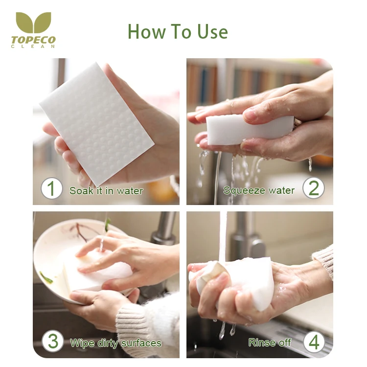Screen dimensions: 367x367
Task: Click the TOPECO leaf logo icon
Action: (x=33, y=22)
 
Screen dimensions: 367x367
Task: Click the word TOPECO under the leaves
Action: (x=33, y=40)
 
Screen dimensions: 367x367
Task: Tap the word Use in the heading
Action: (x=212, y=32)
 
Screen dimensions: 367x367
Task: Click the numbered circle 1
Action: (x=51, y=188)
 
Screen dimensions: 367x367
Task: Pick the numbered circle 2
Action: (x=313, y=188)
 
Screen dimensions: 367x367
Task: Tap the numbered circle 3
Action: (x=53, y=341)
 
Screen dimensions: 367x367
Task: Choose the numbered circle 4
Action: (x=314, y=342)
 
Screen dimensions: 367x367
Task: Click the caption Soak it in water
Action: (x=106, y=191)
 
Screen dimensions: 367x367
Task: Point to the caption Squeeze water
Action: (x=259, y=190)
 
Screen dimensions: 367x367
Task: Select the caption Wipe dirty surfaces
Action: (x=115, y=343)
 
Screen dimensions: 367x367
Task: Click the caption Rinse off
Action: (x=270, y=343)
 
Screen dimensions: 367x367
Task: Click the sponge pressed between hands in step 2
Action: (x=248, y=129)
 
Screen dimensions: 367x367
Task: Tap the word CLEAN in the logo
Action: (x=33, y=46)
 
